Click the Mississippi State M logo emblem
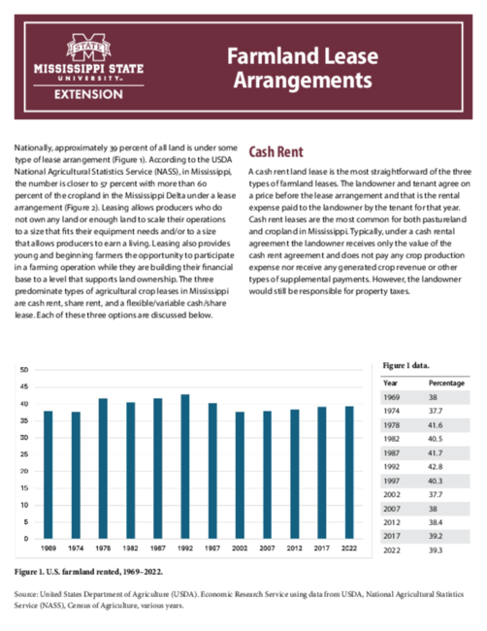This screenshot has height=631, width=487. (88, 48)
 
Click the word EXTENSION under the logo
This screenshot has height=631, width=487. (88, 94)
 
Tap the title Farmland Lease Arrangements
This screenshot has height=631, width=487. (303, 68)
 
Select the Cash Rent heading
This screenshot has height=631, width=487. (276, 151)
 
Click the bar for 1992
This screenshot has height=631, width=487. (185, 466)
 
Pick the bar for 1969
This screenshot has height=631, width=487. (49, 475)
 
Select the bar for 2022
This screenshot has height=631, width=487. (349, 473)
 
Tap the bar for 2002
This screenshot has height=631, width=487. (240, 476)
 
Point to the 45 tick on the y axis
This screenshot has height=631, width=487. (24, 386)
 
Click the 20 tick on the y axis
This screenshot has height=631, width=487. (24, 471)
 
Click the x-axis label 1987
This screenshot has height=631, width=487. (157, 548)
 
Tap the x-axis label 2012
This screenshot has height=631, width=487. (294, 548)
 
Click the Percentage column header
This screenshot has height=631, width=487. (446, 383)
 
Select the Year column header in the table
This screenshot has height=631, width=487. (390, 383)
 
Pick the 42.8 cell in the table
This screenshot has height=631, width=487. (436, 467)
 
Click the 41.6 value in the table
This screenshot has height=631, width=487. (436, 425)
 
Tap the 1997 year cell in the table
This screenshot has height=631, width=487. (391, 481)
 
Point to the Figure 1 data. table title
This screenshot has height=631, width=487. (406, 365)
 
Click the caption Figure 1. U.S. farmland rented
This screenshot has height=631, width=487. (88, 572)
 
